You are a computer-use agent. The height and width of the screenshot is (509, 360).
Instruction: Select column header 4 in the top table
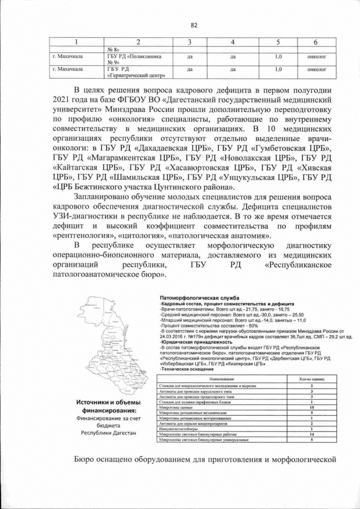[x=232, y=43]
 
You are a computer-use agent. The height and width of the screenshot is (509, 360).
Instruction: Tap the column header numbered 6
[x=315, y=43]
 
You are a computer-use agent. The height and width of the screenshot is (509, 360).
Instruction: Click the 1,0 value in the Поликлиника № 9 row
[x=278, y=57]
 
